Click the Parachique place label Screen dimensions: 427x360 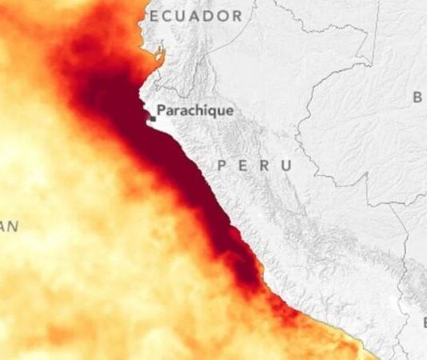point(195,110)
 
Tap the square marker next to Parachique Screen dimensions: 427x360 point(152,118)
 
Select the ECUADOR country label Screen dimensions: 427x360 point(196,16)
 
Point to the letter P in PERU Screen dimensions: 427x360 point(222,165)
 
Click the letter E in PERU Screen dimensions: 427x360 point(243,165)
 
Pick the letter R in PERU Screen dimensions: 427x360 point(264,165)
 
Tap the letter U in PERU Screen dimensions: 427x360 point(285,165)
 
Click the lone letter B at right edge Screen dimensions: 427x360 point(417,98)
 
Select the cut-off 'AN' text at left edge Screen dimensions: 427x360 point(9,227)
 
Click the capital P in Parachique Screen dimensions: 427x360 point(162,110)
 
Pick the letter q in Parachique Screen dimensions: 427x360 point(210,112)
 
